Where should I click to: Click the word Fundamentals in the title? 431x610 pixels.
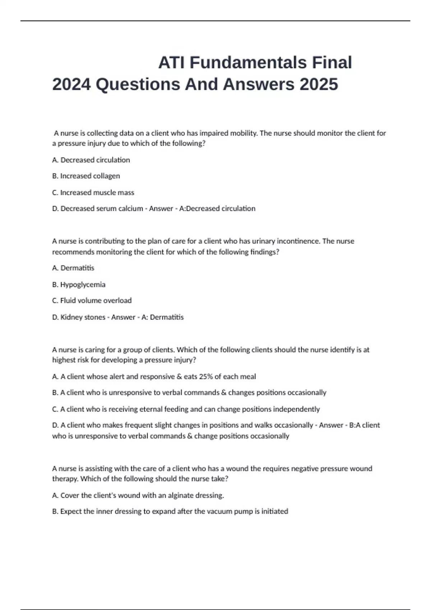(248, 63)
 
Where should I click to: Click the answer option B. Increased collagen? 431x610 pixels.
(86, 176)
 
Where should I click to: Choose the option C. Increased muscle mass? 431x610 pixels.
(93, 193)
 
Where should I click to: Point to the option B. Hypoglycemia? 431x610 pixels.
(79, 285)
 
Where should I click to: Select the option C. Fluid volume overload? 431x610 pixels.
(92, 301)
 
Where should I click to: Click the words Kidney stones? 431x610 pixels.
(83, 317)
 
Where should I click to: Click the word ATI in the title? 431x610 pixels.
(172, 63)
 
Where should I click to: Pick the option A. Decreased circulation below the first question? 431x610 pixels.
(91, 160)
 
